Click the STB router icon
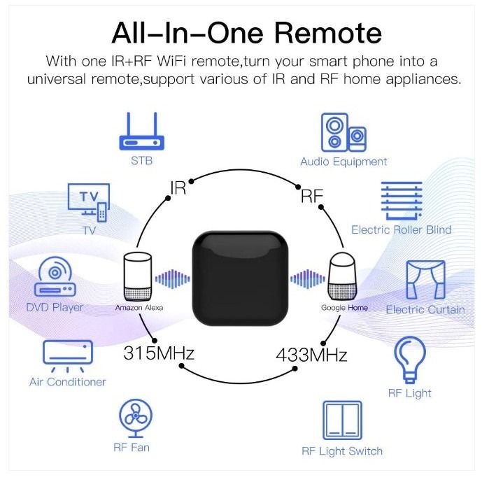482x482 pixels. point(142,132)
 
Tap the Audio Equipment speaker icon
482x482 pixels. point(343,132)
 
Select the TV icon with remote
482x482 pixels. point(89,203)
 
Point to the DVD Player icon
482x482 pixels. point(55,276)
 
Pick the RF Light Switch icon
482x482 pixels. point(342,420)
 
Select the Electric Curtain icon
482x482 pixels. point(425,280)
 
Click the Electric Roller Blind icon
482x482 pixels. point(402,201)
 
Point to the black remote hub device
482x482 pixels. point(241,278)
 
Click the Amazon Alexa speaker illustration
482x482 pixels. point(138,276)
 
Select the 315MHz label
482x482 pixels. point(159,353)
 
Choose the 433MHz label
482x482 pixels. point(311,355)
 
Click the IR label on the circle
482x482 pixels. point(178,187)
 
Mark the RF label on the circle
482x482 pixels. point(312,196)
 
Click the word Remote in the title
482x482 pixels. point(328,33)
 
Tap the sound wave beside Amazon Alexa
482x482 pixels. point(173,279)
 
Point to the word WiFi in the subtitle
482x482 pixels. point(172,61)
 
